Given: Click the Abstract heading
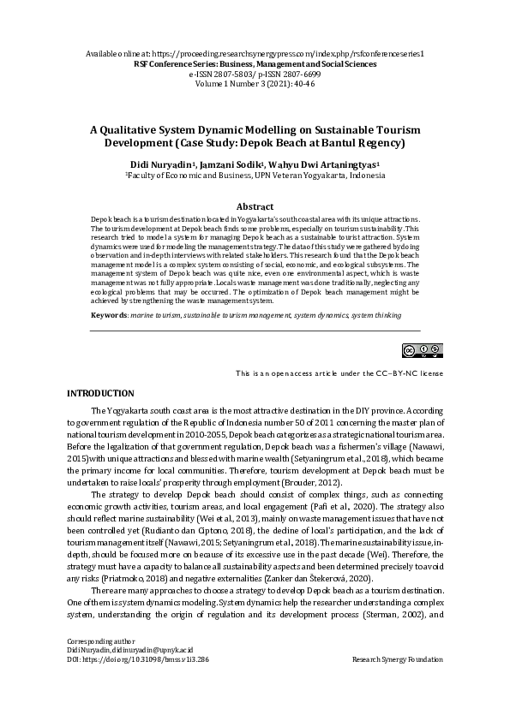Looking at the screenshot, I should tap(255, 206).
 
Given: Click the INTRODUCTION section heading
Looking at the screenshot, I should tap(100, 392).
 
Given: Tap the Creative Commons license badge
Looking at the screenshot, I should tap(423, 350).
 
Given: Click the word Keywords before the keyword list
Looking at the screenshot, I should tap(109, 317).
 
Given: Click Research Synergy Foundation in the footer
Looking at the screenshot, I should tap(397, 660).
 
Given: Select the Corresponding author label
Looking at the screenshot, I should tap(100, 641).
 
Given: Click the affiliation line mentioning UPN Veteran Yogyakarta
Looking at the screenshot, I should tap(255, 175).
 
